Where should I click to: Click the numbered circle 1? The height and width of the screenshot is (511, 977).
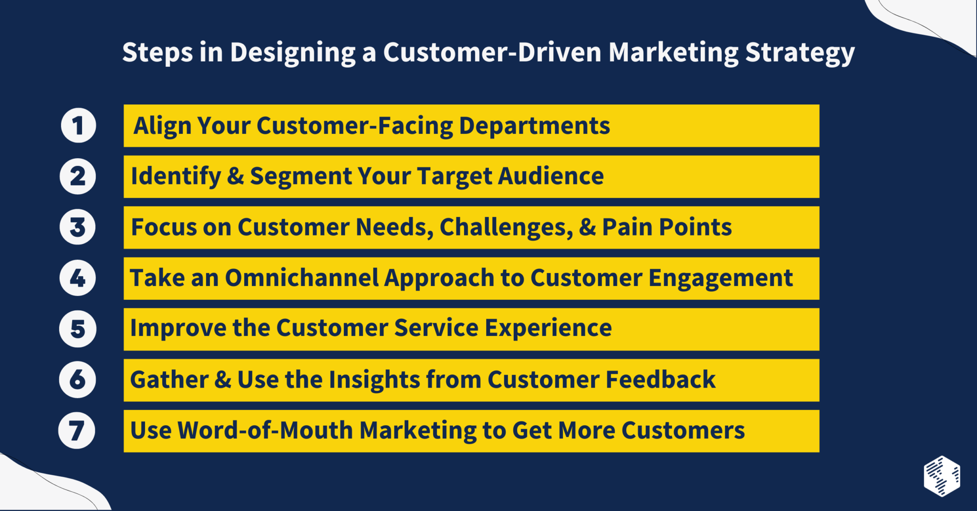pos(79,126)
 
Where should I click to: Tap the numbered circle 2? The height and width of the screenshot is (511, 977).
pos(78,176)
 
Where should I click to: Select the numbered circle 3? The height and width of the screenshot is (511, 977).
pos(78,227)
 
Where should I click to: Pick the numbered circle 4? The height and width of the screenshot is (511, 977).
pos(78,278)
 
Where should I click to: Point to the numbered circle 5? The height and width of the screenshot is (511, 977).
pos(78,329)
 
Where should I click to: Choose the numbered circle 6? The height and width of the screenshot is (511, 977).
pos(78,380)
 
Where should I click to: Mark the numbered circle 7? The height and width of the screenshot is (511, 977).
pos(77,430)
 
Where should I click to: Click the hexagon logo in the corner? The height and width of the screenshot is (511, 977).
pos(942,476)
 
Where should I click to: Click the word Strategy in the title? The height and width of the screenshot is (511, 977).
pos(800,52)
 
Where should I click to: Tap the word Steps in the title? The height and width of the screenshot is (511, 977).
pos(157,52)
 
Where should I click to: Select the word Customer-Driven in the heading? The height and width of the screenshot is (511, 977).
pos(492,52)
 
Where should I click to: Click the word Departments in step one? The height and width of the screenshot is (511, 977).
pos(534,126)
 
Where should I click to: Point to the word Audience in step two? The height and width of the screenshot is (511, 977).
pos(551,176)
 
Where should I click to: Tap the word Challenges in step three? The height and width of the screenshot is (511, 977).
pos(506,227)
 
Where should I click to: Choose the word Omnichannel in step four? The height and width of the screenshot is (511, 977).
pos(301,278)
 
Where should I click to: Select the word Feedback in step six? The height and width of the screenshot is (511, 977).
pos(661,380)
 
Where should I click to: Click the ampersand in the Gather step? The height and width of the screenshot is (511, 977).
pos(223,380)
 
